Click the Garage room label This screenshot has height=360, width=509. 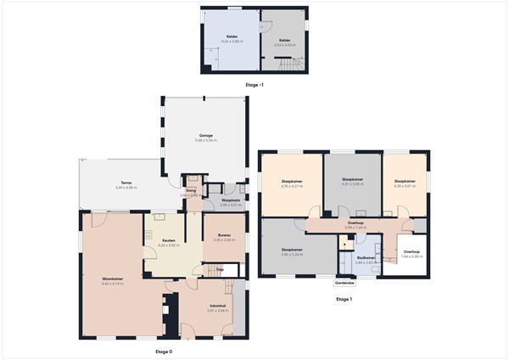(205, 135)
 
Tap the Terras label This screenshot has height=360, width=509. (125, 183)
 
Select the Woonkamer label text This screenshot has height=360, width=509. (113, 278)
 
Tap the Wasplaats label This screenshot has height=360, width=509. (231, 200)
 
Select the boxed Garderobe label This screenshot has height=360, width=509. (344, 284)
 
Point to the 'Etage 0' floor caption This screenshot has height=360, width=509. (164, 351)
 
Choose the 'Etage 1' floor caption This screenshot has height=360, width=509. (344, 300)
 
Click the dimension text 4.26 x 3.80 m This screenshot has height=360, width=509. (231, 42)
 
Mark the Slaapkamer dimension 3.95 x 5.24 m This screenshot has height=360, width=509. (292, 254)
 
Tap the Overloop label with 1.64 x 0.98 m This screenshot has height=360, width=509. (411, 252)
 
